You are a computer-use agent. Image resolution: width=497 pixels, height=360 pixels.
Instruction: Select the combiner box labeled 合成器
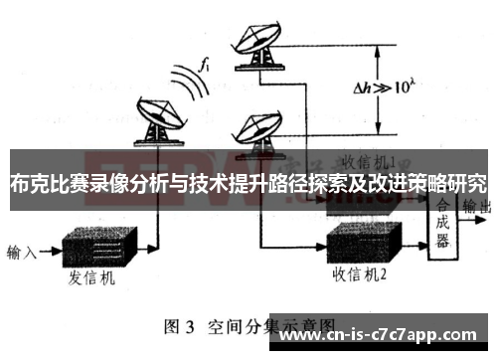(x=443, y=224)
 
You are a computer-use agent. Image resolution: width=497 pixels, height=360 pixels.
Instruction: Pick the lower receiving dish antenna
(x=257, y=129)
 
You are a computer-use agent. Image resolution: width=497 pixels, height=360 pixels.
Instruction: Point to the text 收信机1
(x=368, y=159)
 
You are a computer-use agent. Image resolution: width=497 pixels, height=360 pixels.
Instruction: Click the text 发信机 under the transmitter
(x=93, y=279)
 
